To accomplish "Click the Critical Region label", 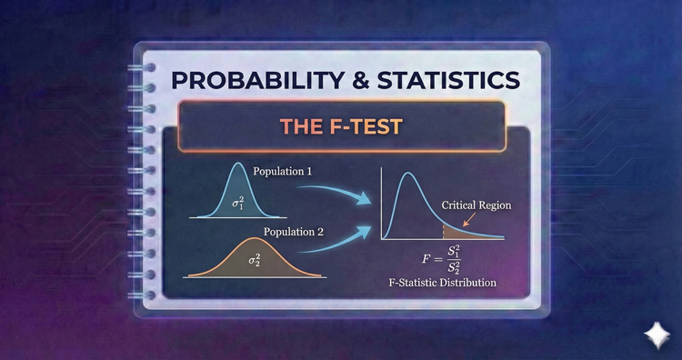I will pyautogui.click(x=476, y=205).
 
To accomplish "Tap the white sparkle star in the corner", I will pyautogui.click(x=655, y=335).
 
